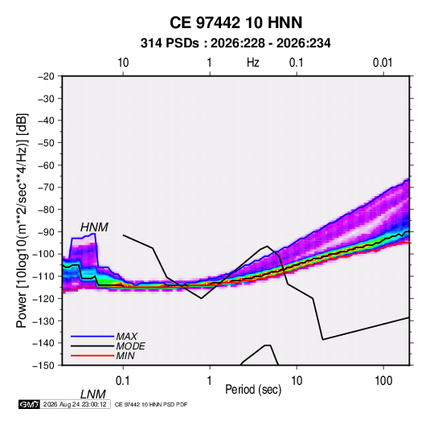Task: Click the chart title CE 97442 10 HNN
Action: [235, 22]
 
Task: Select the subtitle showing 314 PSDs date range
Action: [235, 43]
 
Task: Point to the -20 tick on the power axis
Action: [46, 76]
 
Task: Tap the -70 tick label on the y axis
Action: [46, 187]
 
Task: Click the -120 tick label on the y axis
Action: [43, 299]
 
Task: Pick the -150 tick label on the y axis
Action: [43, 366]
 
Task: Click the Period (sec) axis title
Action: [253, 390]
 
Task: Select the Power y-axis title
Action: [22, 221]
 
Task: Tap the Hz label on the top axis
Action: [253, 63]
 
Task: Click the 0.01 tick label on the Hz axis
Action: [383, 63]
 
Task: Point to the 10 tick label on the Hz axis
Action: [123, 63]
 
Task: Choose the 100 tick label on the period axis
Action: [383, 381]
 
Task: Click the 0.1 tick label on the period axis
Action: [123, 381]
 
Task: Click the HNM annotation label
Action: [94, 227]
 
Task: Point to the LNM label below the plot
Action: [93, 394]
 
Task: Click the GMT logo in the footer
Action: [29, 404]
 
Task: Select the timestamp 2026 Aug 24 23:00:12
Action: [75, 404]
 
